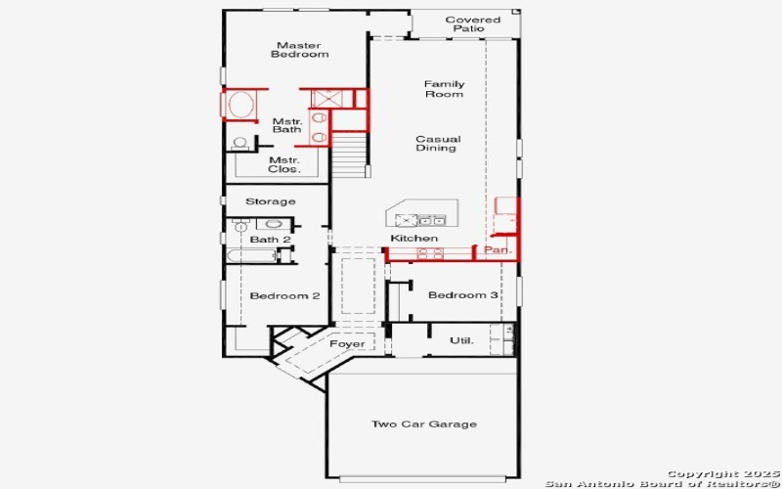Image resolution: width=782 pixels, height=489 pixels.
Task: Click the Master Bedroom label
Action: [300, 50]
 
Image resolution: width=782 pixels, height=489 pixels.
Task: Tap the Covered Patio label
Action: [472, 24]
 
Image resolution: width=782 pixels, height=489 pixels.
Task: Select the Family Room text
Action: [444, 89]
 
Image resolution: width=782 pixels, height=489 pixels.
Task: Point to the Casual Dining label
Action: [437, 144]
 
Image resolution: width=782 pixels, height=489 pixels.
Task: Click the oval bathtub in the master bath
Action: [241, 105]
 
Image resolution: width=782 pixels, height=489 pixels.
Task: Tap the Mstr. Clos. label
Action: [283, 164]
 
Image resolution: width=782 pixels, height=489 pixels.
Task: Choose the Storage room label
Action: [270, 201]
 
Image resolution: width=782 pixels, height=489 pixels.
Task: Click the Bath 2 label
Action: [270, 240]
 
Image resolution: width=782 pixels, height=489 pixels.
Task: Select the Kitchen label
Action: [413, 239]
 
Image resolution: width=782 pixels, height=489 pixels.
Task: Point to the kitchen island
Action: [417, 215]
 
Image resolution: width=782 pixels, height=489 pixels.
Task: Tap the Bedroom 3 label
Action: [462, 295]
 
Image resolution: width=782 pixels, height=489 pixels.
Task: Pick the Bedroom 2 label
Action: [284, 296]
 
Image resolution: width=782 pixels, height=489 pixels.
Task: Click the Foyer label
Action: [347, 344]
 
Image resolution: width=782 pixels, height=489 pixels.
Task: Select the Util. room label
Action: [461, 340]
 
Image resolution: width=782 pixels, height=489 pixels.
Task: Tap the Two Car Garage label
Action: [423, 424]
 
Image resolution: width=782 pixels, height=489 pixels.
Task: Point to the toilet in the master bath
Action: [239, 143]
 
